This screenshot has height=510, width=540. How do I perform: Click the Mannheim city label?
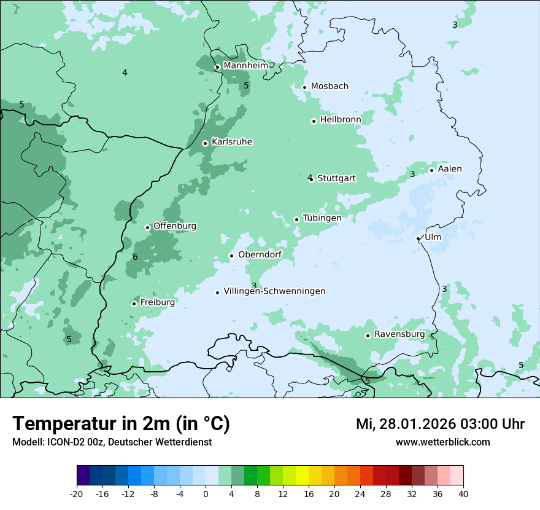[x=245, y=65]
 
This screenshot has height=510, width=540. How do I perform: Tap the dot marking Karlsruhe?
[x=206, y=143]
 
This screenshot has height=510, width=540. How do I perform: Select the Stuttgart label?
[x=336, y=178]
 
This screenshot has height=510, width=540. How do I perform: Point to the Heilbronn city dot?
[x=314, y=121]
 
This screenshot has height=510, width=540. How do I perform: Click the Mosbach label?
[x=330, y=86]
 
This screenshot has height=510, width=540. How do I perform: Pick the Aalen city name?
[x=450, y=169]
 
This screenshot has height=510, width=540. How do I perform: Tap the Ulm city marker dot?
[x=418, y=238]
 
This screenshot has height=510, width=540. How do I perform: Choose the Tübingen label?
[x=322, y=218]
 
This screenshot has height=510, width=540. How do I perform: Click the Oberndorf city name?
[x=260, y=254]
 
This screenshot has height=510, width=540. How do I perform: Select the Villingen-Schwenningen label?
[x=274, y=291]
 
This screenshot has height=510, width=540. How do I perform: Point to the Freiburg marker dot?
[x=134, y=304]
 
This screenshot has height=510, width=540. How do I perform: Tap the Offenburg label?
[x=175, y=226]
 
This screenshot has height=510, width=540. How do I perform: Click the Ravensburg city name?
[x=399, y=334]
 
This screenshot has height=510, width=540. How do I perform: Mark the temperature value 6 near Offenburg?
[x=135, y=257]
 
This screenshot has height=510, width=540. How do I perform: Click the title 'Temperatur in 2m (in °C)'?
[x=121, y=423]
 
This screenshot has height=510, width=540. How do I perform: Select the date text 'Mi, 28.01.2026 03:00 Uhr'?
[x=440, y=424]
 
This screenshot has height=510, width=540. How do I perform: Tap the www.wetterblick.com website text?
[x=443, y=442]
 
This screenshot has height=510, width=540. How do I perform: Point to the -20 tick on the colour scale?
[x=77, y=493]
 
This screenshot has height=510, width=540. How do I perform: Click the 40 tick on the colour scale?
[x=463, y=493]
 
